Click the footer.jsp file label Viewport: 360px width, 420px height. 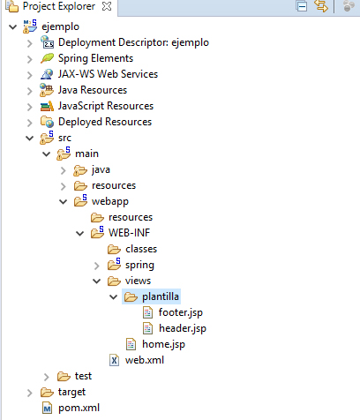pos(181,312)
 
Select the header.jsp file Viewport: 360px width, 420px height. pos(183,328)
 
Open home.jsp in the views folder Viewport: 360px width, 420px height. pos(163,344)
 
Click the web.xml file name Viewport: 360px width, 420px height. pos(145,360)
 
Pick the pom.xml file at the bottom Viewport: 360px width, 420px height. pos(79,408)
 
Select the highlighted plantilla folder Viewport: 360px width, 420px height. pos(161,296)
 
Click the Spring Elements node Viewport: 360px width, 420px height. pos(95,58)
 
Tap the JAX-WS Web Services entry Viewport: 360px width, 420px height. pos(108,74)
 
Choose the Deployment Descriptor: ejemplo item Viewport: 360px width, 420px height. pos(133,42)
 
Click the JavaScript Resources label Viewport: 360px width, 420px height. pos(106,106)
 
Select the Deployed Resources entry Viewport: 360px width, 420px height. pos(105,122)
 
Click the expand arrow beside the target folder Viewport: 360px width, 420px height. pos(29,393)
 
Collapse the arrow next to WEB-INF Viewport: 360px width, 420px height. pos(80,234)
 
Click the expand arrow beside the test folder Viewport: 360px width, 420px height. pos(46,377)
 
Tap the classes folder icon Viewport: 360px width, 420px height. pos(114,250)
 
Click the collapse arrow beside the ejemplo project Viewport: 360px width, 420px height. pos(13,27)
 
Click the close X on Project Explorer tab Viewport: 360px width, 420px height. pos(107,6)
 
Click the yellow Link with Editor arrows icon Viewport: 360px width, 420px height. pos(321,6)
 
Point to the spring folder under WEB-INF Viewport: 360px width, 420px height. pos(139,265)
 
